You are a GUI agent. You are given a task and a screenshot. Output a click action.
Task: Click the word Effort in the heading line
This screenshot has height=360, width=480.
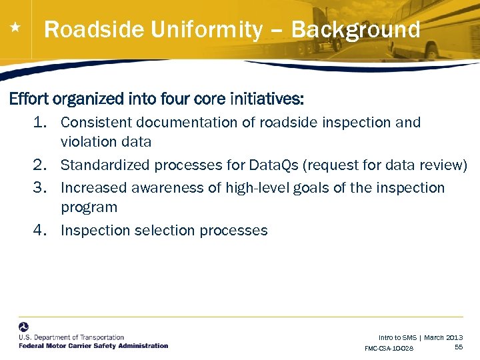pyautogui.click(x=29, y=99)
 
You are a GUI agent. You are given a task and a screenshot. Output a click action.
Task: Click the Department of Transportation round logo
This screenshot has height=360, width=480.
pyautogui.click(x=24, y=327)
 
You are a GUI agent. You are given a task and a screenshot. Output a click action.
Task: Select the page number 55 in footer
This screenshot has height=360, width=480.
pyautogui.click(x=459, y=347)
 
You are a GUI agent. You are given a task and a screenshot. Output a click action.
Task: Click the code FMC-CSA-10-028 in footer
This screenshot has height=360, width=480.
pyautogui.click(x=389, y=349)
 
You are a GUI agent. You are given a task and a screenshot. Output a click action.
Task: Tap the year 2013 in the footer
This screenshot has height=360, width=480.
pyautogui.click(x=453, y=338)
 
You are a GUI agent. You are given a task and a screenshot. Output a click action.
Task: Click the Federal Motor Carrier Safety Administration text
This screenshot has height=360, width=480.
pyautogui.click(x=93, y=346)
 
